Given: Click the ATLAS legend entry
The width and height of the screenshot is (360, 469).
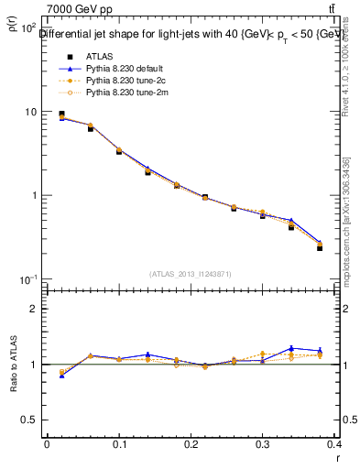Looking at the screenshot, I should pos(98,57).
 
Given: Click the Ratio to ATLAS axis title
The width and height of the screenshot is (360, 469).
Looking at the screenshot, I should pos(13,365).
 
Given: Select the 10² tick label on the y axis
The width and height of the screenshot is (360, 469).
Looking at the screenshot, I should pos(27,28).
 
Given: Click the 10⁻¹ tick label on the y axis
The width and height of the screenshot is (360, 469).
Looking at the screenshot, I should pos(27,279).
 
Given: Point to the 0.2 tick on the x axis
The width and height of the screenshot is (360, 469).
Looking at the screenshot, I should pos(191,444).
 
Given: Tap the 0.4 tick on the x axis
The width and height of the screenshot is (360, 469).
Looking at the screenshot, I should pos(335,444).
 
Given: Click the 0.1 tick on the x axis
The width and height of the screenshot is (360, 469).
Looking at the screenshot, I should pos(118,444).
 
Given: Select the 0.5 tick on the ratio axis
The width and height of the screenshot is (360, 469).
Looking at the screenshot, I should pos(28,420).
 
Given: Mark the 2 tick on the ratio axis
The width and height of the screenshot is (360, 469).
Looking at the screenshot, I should pos(33,309).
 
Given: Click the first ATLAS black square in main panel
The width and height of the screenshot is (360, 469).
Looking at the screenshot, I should pos(61,115).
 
